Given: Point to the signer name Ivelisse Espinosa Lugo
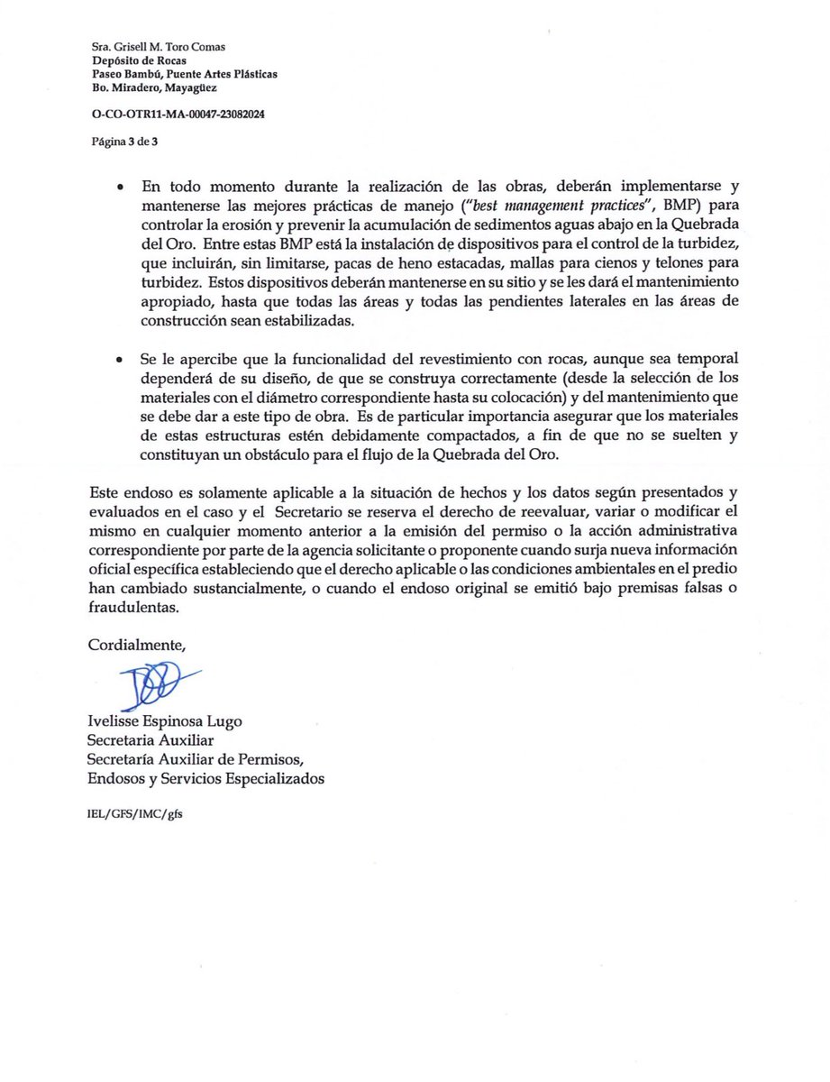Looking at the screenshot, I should click(165, 721).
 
